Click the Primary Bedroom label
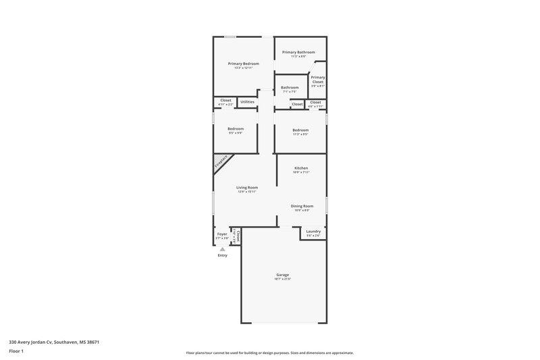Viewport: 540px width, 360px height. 243,63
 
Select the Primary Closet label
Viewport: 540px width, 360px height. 317,80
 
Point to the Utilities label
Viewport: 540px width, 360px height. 247,102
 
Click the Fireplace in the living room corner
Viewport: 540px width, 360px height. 221,163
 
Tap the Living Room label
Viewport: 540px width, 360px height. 247,187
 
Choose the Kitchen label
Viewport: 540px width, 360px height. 301,168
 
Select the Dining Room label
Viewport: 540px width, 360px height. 302,206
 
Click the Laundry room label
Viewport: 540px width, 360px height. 313,231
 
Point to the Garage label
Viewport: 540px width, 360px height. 282,275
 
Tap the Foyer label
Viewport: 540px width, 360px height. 222,234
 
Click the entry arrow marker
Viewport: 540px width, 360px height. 223,249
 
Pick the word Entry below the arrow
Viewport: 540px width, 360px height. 223,255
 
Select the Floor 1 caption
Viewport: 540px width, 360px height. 17,351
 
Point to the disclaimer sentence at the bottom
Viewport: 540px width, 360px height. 270,353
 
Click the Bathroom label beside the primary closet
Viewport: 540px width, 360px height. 290,87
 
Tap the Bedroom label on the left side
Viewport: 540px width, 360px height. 235,128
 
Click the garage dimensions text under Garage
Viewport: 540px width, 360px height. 282,279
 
